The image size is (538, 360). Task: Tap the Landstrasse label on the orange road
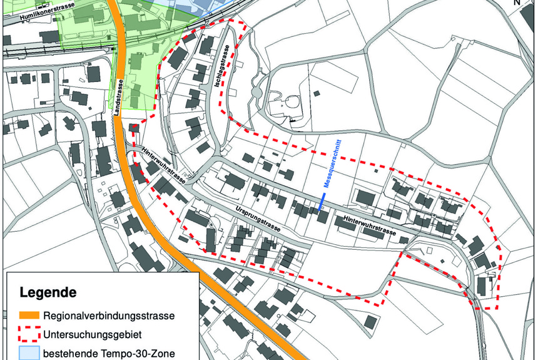(x=119, y=92)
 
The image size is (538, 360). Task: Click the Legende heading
(x=48, y=292)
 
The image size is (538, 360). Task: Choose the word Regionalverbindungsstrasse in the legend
(x=108, y=315)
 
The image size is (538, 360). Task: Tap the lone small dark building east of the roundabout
(x=317, y=94)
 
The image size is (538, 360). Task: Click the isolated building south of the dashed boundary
(x=370, y=322)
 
